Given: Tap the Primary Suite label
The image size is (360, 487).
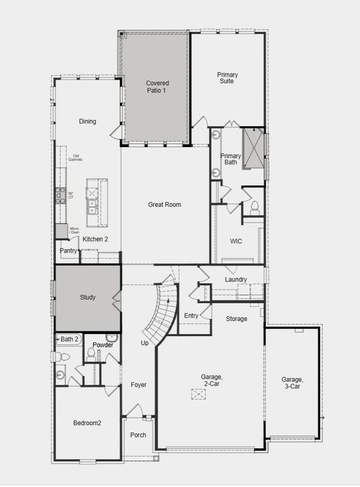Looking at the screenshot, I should [x=227, y=78].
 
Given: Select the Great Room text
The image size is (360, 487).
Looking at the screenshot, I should [x=165, y=205].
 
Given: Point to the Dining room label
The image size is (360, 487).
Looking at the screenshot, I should [x=87, y=121].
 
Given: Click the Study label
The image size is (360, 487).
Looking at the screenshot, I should [x=87, y=297].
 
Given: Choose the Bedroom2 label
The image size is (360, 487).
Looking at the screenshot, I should [x=87, y=423].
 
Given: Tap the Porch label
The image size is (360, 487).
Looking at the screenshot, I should [x=138, y=435].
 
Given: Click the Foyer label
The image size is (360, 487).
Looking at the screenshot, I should [x=138, y=385].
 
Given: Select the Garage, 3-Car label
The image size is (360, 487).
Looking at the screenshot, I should [x=292, y=383].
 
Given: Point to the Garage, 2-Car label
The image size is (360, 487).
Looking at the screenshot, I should [x=212, y=380].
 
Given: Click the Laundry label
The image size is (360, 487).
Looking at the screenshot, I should [x=236, y=280].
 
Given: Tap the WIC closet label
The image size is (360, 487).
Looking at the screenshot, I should [x=236, y=241].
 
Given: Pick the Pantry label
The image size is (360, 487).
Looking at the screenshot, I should [x=68, y=251].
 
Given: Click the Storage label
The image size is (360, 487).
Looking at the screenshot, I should [x=236, y=318].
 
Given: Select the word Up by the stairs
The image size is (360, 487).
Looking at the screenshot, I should [x=145, y=343].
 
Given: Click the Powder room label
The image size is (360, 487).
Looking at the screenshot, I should [x=103, y=345].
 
